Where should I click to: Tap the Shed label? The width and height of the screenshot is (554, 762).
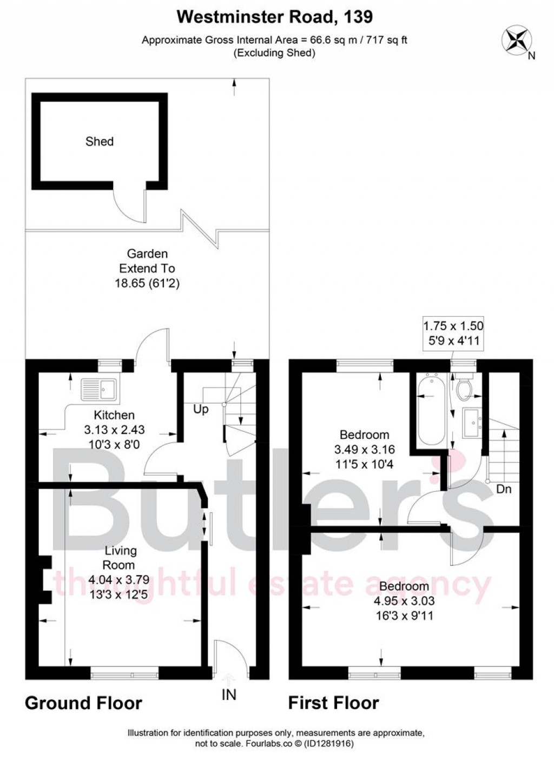click(x=100, y=142)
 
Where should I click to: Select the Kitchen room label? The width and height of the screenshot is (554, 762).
click(x=114, y=415)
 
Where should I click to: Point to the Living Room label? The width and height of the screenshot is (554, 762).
click(x=120, y=558)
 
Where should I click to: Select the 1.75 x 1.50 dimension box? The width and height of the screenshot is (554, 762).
click(x=453, y=333)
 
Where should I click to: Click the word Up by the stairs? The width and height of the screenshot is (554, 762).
click(x=201, y=409)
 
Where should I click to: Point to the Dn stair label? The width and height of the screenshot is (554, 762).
click(x=504, y=490)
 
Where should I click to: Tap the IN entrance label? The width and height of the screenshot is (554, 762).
click(x=229, y=694)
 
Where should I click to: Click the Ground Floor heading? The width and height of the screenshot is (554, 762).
click(x=83, y=703)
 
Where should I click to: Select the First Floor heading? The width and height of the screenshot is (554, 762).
click(x=333, y=703)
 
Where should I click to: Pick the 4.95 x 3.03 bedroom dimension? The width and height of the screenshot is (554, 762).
click(x=404, y=600)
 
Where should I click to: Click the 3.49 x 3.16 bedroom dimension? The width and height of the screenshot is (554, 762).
click(x=364, y=449)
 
